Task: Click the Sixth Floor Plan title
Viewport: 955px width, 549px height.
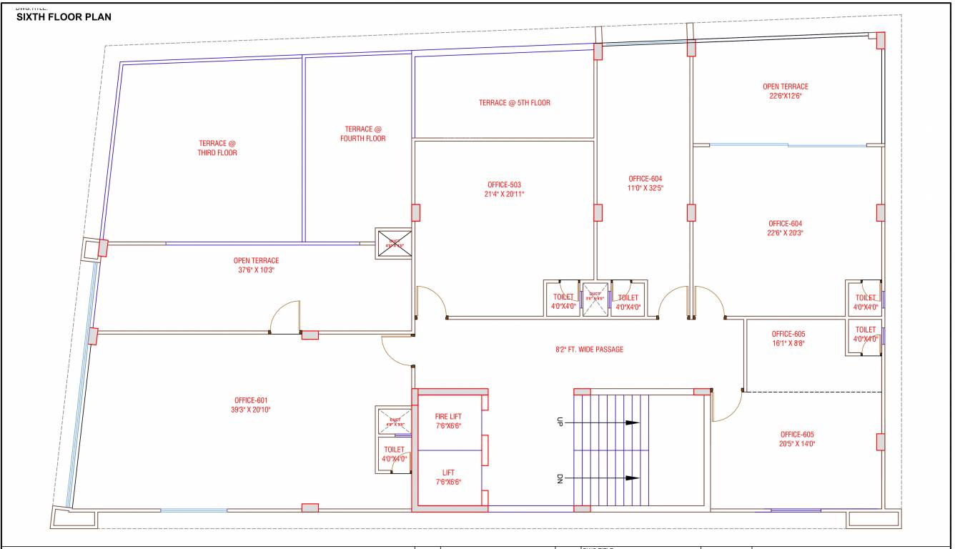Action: pyautogui.click(x=64, y=17)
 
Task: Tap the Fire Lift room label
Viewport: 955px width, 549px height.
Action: pyautogui.click(x=448, y=421)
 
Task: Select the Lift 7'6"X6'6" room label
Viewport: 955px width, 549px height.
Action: pyautogui.click(x=448, y=477)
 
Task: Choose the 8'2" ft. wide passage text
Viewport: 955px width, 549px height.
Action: pyautogui.click(x=589, y=350)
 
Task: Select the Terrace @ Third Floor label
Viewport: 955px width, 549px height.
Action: pyautogui.click(x=217, y=148)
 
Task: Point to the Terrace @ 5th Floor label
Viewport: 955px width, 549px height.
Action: pyautogui.click(x=514, y=103)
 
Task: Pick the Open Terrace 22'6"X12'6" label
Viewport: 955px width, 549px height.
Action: pyautogui.click(x=785, y=91)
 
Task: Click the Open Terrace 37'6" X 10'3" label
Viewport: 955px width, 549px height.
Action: pyautogui.click(x=256, y=265)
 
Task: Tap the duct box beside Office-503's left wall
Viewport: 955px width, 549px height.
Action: pyautogui.click(x=395, y=241)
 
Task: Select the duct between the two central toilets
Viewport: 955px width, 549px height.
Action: pyautogui.click(x=594, y=297)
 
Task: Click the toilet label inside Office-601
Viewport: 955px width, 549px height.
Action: pyautogui.click(x=394, y=455)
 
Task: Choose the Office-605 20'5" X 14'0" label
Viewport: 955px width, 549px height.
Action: pyautogui.click(x=797, y=439)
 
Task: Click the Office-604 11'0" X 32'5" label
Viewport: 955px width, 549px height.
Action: pyautogui.click(x=645, y=183)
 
